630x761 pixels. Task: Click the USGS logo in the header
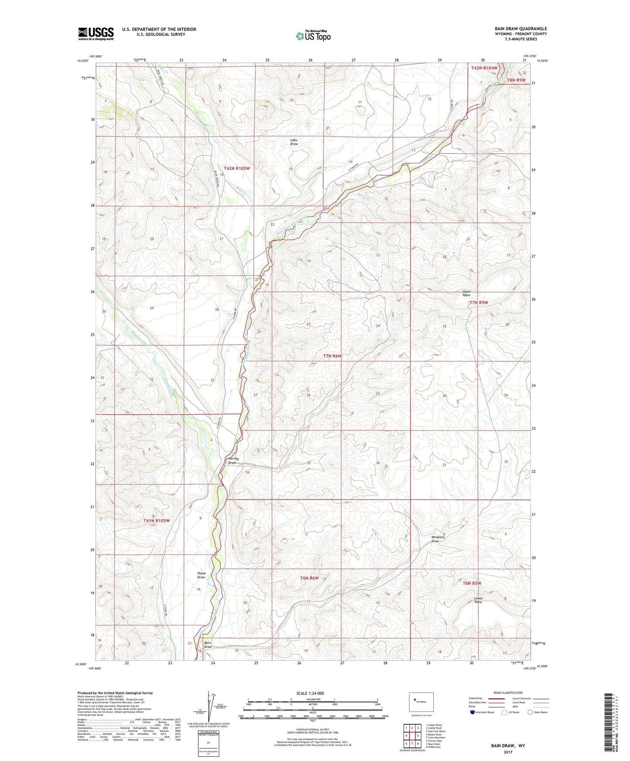(96, 34)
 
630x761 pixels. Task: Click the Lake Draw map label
(294, 142)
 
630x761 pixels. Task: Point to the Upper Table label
(467, 293)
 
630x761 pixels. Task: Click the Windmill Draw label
(438, 539)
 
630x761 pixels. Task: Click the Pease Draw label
(201, 575)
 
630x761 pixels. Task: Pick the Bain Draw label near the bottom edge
(208, 645)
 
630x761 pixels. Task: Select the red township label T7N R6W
(332, 356)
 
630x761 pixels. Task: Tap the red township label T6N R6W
(310, 578)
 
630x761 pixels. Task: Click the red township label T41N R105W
(156, 520)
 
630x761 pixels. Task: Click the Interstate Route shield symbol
(473, 712)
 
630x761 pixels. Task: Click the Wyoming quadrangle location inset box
(421, 703)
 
